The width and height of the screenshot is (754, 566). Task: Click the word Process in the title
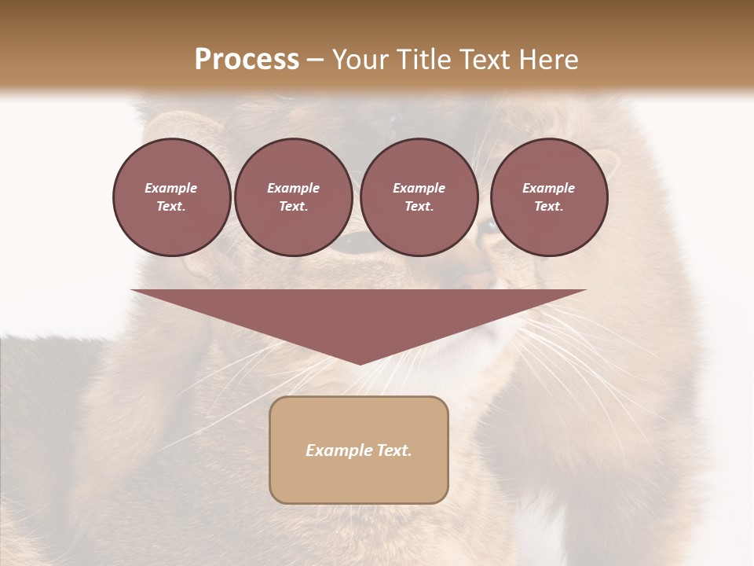(x=247, y=60)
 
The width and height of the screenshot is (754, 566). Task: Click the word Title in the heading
(x=424, y=60)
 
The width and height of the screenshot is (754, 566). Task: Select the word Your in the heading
(x=361, y=60)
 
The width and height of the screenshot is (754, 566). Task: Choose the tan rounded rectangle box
(x=359, y=480)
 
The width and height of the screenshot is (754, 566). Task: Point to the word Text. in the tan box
(x=393, y=450)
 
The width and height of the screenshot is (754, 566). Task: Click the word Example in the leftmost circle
(x=171, y=188)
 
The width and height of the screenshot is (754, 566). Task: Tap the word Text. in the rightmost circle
(x=549, y=207)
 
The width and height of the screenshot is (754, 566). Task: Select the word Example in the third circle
(x=419, y=188)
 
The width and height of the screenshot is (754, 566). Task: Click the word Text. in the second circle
(x=294, y=207)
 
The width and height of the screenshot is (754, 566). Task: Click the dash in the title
(x=315, y=60)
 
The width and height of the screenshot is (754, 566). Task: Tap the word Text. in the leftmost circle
(x=171, y=207)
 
